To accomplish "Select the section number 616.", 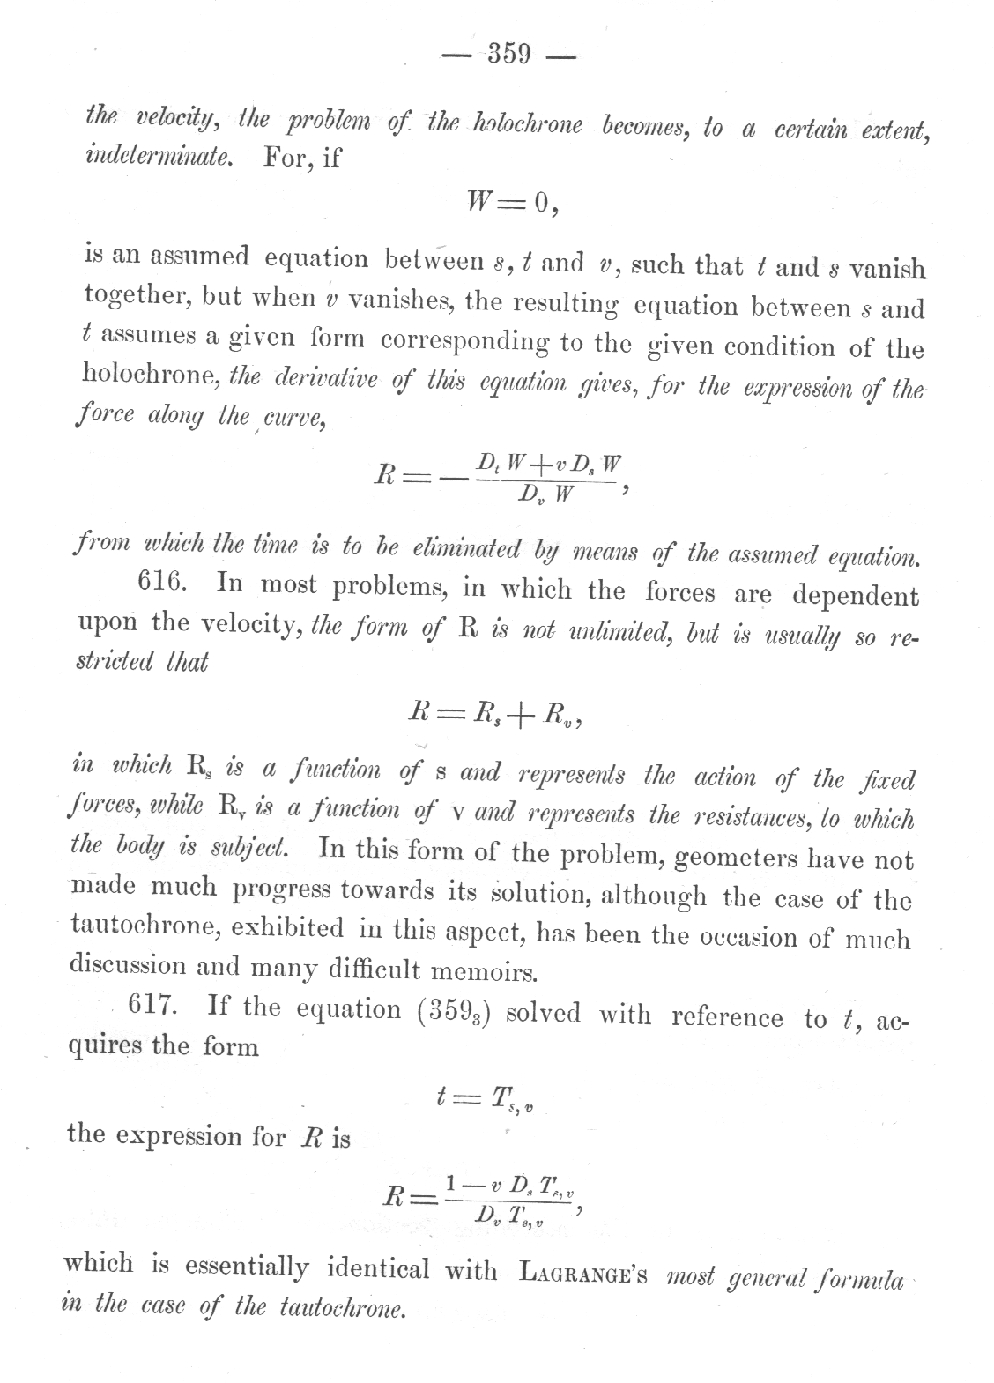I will coord(165,583).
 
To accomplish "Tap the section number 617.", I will coord(154,1006).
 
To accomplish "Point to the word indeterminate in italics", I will coord(159,159).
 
